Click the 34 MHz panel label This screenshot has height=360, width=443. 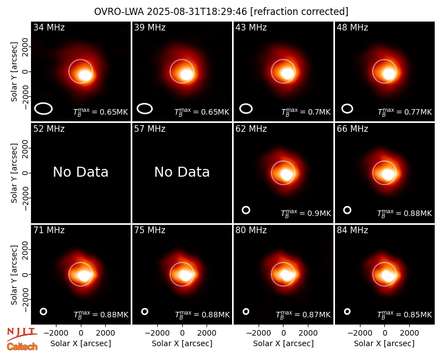49,27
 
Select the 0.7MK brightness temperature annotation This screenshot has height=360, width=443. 306,112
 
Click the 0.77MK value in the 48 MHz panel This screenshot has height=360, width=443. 405,112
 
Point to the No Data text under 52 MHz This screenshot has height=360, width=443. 80,172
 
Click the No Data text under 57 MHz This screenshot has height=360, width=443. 182,172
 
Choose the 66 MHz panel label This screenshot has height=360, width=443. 352,129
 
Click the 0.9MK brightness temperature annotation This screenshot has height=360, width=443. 306,213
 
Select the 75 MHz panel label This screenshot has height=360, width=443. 150,230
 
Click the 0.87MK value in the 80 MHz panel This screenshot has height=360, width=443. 303,315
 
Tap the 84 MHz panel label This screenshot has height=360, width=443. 352,230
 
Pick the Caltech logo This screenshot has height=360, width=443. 22,347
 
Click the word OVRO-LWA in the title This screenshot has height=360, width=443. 119,12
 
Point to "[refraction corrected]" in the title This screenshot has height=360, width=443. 299,12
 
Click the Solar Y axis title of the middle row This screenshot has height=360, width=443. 14,173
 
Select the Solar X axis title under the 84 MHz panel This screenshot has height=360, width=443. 384,343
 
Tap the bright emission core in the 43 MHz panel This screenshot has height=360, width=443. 287,73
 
